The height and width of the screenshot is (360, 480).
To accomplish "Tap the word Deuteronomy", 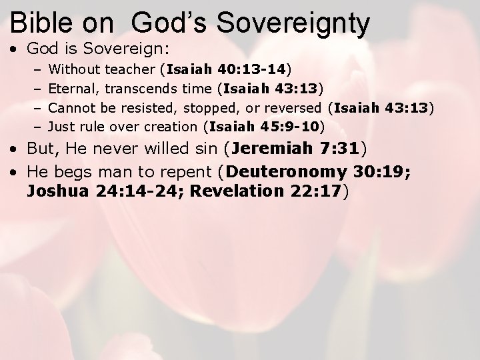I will pos(286,172).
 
